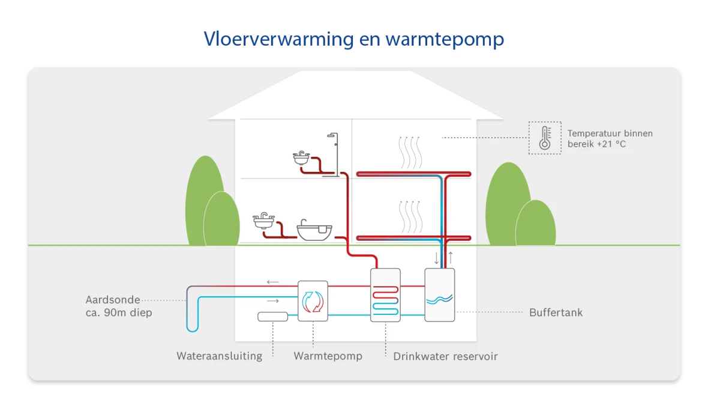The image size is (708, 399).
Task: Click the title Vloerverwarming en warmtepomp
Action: pyautogui.click(x=353, y=40)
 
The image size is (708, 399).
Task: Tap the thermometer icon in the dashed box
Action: pyautogui.click(x=545, y=138)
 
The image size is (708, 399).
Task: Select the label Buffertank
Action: pyautogui.click(x=556, y=312)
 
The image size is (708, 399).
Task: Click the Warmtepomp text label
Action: pyautogui.click(x=328, y=356)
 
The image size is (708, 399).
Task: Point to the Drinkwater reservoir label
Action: pyautogui.click(x=445, y=356)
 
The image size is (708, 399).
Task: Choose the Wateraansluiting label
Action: pyautogui.click(x=219, y=356)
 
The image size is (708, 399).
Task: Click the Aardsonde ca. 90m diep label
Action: pyautogui.click(x=119, y=306)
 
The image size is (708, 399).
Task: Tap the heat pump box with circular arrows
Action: pyautogui.click(x=313, y=301)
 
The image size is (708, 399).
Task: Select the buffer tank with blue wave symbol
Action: pyautogui.click(x=439, y=295)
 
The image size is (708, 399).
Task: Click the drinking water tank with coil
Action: pyautogui.click(x=385, y=295)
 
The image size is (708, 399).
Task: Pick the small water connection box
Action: pyautogui.click(x=273, y=317)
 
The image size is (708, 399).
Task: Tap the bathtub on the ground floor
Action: pyautogui.click(x=315, y=231)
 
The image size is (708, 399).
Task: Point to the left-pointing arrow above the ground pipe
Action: pyautogui.click(x=272, y=281)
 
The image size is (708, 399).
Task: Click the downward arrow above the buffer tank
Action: pyautogui.click(x=436, y=258)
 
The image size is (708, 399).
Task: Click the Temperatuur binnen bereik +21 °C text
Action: pyautogui.click(x=610, y=139)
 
